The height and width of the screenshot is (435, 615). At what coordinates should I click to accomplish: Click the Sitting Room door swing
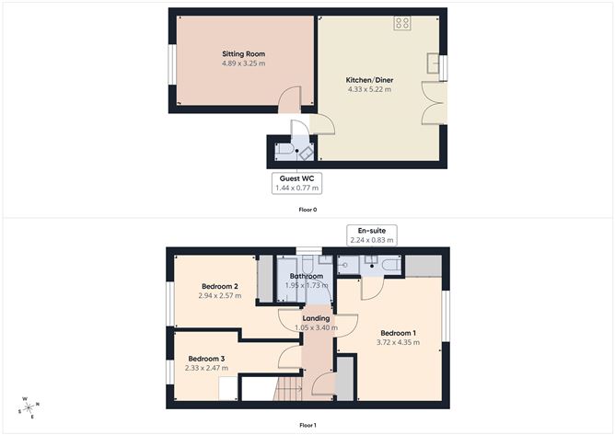290,97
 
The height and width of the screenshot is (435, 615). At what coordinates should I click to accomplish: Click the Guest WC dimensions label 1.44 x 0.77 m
296,188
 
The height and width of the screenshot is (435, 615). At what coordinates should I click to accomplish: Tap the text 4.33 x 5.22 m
368,89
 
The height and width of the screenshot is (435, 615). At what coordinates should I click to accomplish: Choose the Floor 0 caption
307,210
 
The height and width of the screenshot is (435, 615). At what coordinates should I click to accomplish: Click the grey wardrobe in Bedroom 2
265,279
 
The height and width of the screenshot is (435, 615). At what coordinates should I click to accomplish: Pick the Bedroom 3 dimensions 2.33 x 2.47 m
207,368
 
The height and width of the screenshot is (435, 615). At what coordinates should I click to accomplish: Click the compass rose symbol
29,406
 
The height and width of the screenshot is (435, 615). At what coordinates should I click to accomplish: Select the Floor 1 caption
307,425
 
